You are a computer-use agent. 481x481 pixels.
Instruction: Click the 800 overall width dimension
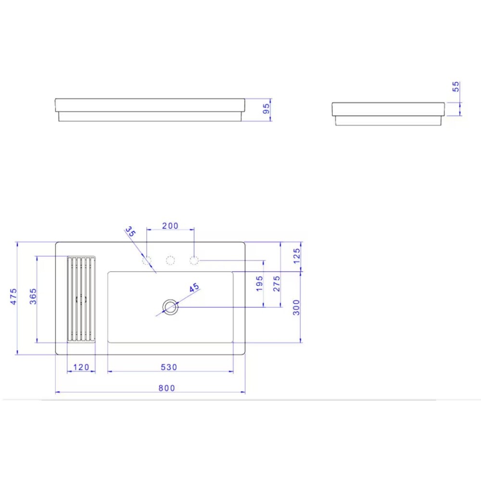[167, 388]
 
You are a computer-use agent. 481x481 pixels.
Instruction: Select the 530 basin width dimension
[169, 367]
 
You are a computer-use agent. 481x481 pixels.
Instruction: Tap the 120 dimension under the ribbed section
[81, 367]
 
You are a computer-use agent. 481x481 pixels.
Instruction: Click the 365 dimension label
[33, 299]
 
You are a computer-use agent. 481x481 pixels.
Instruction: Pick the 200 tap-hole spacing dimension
[170, 226]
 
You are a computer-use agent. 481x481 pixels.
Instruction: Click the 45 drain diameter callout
[194, 288]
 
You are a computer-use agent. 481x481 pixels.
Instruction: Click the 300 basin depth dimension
[297, 307]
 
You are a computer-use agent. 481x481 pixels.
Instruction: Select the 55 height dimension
[456, 87]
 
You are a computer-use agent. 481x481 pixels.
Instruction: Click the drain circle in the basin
[170, 306]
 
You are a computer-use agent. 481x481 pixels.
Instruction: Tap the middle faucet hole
[170, 261]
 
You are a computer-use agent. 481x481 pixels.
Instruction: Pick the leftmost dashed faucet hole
[147, 261]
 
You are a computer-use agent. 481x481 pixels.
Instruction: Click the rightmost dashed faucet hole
[194, 261]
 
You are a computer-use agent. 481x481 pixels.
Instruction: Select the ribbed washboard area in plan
[81, 299]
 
